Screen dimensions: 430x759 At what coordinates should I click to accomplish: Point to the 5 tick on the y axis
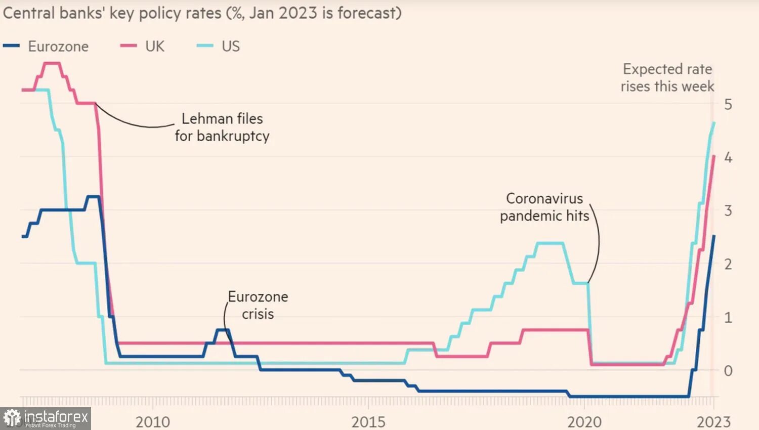click(728, 105)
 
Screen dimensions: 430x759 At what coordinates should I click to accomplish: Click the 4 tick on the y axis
click(728, 158)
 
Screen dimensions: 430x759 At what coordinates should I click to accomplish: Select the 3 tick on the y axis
click(728, 211)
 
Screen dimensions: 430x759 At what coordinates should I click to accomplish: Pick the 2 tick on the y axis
click(728, 264)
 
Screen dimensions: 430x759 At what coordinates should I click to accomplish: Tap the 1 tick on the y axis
click(728, 318)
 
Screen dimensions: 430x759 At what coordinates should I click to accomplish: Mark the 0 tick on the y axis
click(728, 371)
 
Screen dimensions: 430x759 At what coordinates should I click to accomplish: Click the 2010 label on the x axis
click(153, 422)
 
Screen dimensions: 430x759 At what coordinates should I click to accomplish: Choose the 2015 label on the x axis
click(368, 422)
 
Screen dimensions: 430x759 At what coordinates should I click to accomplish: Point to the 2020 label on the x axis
click(584, 422)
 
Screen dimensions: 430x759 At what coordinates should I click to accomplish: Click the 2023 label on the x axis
click(713, 422)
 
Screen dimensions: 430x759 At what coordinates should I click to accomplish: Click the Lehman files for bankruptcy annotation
click(222, 127)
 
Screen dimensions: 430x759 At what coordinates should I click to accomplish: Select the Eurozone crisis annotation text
click(258, 305)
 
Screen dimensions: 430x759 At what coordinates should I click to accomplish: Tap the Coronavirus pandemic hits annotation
click(544, 207)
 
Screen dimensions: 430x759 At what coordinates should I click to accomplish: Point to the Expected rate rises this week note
click(667, 78)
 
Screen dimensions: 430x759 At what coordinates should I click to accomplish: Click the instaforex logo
click(46, 418)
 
